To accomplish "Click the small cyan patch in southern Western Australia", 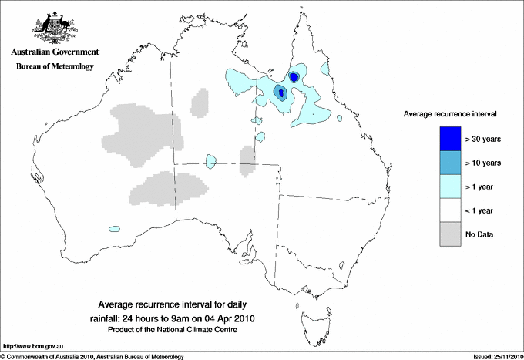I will [x=115, y=229].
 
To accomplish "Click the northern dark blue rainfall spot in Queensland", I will [x=294, y=76].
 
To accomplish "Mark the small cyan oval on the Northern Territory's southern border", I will [x=210, y=160].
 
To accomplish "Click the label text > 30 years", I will [x=483, y=139].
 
